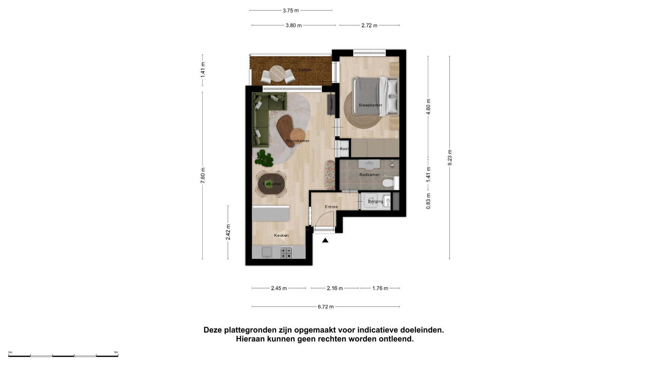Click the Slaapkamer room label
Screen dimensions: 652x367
(370, 105)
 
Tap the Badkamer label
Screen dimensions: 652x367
(369, 175)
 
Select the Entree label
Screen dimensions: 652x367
(331, 207)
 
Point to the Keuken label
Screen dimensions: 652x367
(281, 235)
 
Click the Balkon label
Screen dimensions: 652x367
(305, 70)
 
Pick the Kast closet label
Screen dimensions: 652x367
(344, 148)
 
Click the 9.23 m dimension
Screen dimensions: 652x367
(450, 158)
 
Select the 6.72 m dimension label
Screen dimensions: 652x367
(326, 307)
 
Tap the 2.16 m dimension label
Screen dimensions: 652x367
(335, 288)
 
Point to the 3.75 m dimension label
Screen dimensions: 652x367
(291, 11)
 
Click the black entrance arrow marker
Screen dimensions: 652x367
(325, 240)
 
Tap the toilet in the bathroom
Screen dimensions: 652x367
(390, 183)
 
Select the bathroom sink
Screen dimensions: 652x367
(369, 164)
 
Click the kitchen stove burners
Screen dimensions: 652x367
(286, 252)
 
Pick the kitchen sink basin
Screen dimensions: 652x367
(267, 252)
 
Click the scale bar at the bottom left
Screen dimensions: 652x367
(63, 355)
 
